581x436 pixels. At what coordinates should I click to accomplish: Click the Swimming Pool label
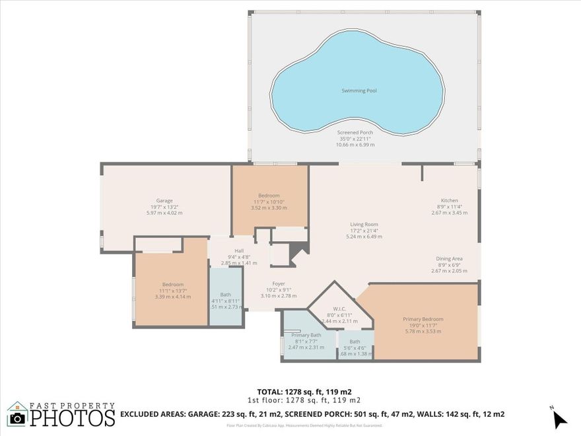coord(359,91)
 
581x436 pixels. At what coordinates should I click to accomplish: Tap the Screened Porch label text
coord(355,132)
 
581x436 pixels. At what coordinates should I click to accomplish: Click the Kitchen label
coord(450,200)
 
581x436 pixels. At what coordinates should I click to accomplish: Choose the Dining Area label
coord(449,258)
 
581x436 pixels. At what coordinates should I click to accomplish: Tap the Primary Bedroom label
coord(423,319)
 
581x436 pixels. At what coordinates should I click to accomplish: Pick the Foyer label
coord(279,283)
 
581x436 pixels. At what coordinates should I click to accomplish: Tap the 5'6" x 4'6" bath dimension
coord(355,348)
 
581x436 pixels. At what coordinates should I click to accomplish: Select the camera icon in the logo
coord(17,418)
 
